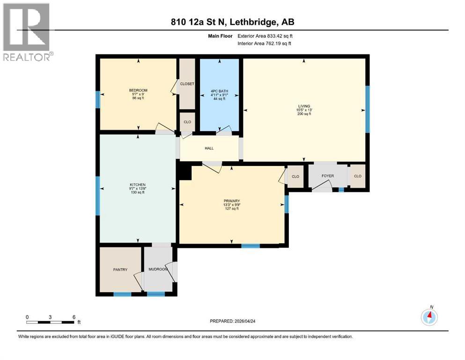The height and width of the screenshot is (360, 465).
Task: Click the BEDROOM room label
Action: click(x=138, y=90)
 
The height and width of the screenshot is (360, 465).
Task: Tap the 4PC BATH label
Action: click(x=219, y=90)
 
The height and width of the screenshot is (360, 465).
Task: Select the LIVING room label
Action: click(x=304, y=106)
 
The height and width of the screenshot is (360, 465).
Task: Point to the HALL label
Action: click(x=209, y=148)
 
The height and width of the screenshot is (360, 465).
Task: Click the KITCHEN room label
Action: click(x=138, y=185)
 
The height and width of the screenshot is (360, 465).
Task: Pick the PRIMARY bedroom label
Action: click(x=231, y=201)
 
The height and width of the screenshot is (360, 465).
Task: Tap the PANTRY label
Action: click(x=120, y=270)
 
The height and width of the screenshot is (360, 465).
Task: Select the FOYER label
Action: click(x=327, y=176)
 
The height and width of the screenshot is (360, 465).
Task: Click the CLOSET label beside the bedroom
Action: click(x=187, y=84)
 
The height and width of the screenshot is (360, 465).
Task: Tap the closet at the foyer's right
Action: click(x=358, y=176)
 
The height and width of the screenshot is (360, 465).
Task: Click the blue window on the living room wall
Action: click(x=367, y=109)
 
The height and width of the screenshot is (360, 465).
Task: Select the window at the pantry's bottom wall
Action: click(x=122, y=294)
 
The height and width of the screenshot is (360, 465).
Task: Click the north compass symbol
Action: click(x=429, y=317)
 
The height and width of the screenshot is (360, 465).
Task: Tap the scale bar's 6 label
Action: click(x=74, y=317)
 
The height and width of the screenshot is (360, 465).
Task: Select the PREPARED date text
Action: click(x=232, y=321)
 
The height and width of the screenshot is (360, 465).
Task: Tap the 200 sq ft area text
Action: click(x=304, y=114)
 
